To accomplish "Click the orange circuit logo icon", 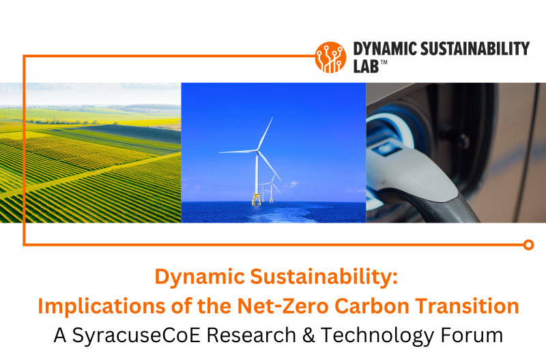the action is pyautogui.click(x=330, y=57).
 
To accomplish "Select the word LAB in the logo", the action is pyautogui.click(x=366, y=66).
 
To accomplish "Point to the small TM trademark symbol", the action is pyautogui.click(x=384, y=62).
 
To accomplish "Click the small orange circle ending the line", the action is pyautogui.click(x=528, y=245).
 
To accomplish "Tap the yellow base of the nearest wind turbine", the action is pyautogui.click(x=257, y=199).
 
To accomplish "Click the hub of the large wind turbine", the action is pyautogui.click(x=257, y=151).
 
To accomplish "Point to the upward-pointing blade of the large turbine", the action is pyautogui.click(x=265, y=133).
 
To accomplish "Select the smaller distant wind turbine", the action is pyautogui.click(x=271, y=187).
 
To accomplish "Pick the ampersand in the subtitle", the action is pyautogui.click(x=308, y=335).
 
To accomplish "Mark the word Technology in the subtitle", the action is pyautogui.click(x=377, y=336).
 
